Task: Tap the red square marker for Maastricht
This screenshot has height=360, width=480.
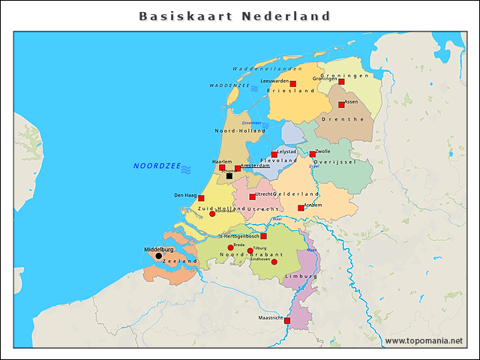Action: point(287,320)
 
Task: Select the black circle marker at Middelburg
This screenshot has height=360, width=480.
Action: point(158,256)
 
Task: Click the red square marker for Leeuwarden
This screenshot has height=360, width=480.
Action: point(292,84)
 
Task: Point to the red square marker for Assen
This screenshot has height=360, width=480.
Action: point(341,104)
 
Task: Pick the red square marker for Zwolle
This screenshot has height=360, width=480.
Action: point(313,154)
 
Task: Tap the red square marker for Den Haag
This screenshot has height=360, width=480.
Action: point(201,198)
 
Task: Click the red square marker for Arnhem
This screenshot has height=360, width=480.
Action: point(301,208)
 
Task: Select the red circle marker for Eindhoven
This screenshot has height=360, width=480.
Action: point(274,262)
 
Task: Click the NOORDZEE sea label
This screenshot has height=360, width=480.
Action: point(157,166)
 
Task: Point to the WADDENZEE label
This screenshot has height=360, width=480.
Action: point(229,86)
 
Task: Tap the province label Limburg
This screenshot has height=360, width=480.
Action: point(301,276)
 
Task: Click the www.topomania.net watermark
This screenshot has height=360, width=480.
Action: point(424,340)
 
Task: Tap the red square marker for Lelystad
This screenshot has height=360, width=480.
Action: point(274,154)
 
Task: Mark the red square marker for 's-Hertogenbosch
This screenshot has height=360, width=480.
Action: point(263,235)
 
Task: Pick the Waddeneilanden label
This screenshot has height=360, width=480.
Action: point(262,68)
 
